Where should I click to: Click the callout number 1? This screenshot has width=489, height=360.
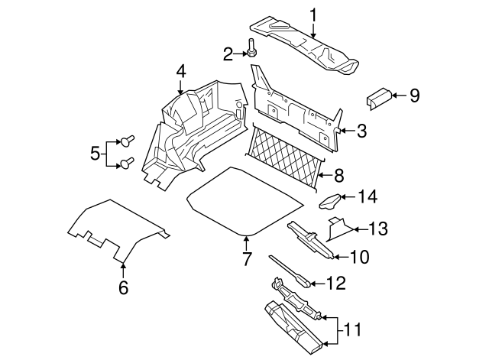coord(313,14)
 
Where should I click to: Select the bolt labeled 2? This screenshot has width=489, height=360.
coord(252,49)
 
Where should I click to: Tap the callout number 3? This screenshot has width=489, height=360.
coord(361,131)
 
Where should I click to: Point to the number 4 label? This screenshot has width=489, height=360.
coord(180,71)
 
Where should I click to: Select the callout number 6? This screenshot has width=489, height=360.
coord(123,288)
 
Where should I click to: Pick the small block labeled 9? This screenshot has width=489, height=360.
coord(379,96)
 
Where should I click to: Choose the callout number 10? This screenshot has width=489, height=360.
coord(358,258)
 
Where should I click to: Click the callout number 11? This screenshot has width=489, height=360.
coord(353,330)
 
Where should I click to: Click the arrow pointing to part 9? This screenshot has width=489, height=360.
coord(399,96)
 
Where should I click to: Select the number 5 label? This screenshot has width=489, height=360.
coord(95,153)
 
